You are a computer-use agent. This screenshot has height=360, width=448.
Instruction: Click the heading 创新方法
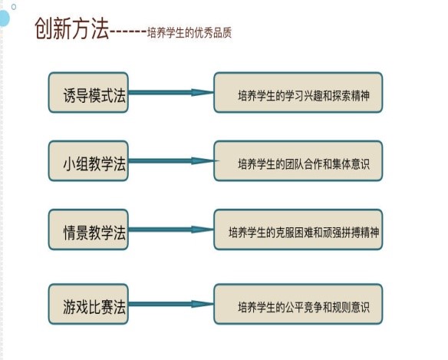point(72,28)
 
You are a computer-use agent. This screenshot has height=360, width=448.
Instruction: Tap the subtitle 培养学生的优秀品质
point(189,33)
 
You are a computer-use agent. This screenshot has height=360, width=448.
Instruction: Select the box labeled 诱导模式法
point(88,92)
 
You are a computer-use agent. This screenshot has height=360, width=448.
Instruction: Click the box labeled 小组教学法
point(88,160)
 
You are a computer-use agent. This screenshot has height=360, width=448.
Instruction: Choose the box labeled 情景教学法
point(88,230)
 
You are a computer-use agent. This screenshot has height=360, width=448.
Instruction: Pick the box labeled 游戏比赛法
point(88,304)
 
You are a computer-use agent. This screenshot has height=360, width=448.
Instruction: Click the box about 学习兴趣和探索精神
point(298,92)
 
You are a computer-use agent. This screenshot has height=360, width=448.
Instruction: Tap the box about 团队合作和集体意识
point(298,160)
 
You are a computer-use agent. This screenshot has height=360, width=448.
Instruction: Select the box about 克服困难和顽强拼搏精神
point(298,230)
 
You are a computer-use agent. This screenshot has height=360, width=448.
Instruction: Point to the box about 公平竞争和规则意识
point(298,304)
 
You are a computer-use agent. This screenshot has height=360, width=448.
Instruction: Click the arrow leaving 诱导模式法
point(171,92)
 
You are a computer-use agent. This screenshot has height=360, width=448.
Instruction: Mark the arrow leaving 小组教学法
point(171,160)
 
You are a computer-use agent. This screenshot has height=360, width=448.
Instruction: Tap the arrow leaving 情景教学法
point(171,230)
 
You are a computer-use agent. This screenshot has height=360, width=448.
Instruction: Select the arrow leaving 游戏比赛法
point(171,304)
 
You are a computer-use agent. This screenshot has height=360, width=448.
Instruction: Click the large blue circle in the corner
point(4,18)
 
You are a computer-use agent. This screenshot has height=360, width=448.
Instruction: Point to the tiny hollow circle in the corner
point(14,7)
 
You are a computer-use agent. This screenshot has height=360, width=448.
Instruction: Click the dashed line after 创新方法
point(128,31)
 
